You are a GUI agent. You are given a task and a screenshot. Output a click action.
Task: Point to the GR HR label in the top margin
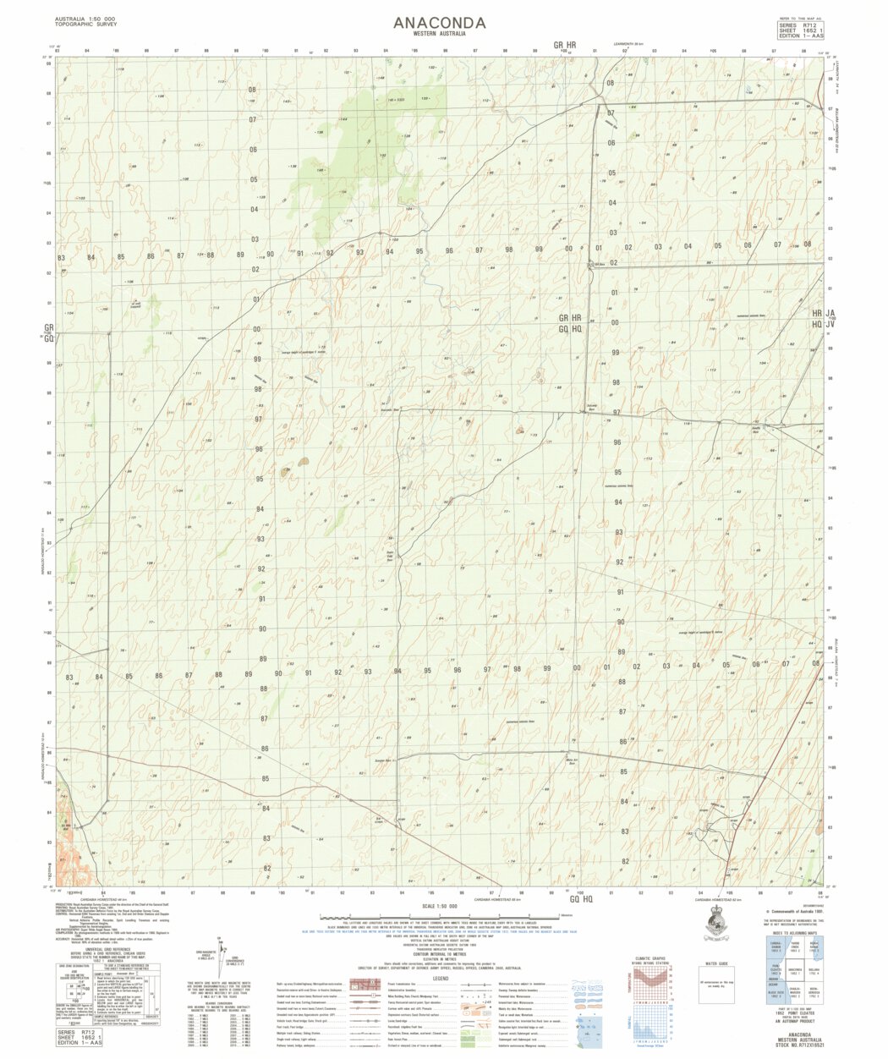[565, 44]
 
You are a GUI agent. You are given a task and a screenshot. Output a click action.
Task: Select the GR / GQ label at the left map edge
[49, 332]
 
